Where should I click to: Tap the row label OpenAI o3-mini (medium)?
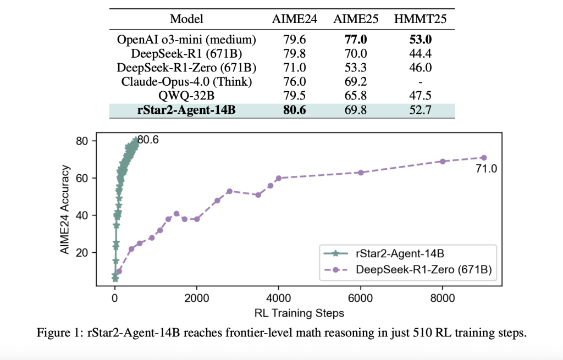[186, 40]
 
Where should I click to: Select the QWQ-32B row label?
[186, 96]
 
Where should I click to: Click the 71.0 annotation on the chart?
[485, 169]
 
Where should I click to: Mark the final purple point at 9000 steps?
[484, 158]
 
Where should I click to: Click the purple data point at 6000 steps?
[361, 173]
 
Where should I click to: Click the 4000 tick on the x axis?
[279, 297]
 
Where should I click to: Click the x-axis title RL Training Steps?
[299, 313]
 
